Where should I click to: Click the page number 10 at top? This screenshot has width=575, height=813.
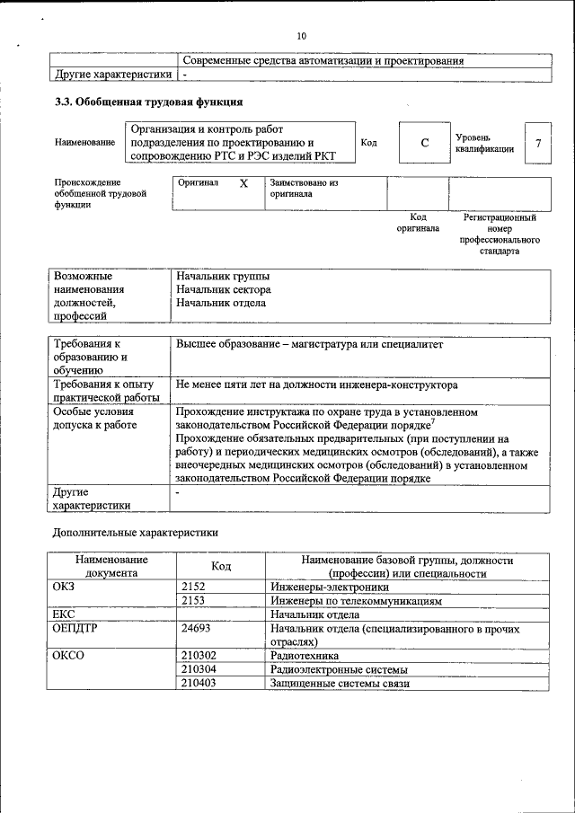pos(300,36)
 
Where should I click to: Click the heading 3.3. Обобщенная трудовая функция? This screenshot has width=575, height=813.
pos(149,102)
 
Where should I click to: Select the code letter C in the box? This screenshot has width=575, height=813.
pos(424,144)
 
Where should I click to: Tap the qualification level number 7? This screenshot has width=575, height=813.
pos(537,144)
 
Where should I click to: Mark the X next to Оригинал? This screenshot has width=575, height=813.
pos(243,182)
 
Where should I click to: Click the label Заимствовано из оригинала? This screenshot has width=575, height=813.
pos(303,188)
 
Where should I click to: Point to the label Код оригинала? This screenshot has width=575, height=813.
pos(418,223)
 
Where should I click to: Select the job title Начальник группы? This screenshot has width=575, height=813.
pos(223,277)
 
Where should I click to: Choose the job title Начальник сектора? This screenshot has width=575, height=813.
pos(224,289)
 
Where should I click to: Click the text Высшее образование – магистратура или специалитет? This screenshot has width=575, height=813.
pos(310,344)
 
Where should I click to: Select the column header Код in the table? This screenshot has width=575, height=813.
pos(221,566)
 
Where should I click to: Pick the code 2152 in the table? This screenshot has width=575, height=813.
pos(193,587)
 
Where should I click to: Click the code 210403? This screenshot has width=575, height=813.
pos(199,684)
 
